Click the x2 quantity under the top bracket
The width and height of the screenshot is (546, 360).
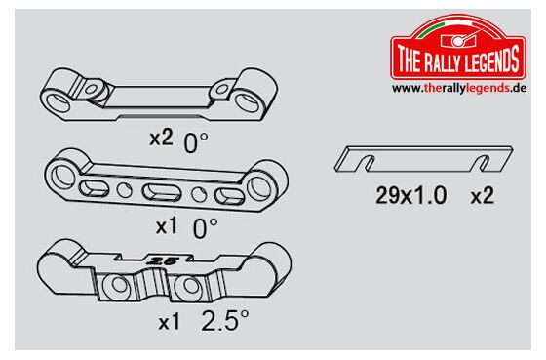click(x=161, y=138)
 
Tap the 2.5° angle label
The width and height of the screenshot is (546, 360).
click(x=225, y=320)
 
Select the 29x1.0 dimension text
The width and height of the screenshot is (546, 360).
click(x=411, y=195)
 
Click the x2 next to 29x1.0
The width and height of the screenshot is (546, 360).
click(x=483, y=195)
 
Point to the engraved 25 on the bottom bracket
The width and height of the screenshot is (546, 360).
click(x=163, y=260)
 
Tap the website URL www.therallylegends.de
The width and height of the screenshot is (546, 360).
click(x=459, y=88)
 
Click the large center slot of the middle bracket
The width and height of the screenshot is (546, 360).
click(x=162, y=192)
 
